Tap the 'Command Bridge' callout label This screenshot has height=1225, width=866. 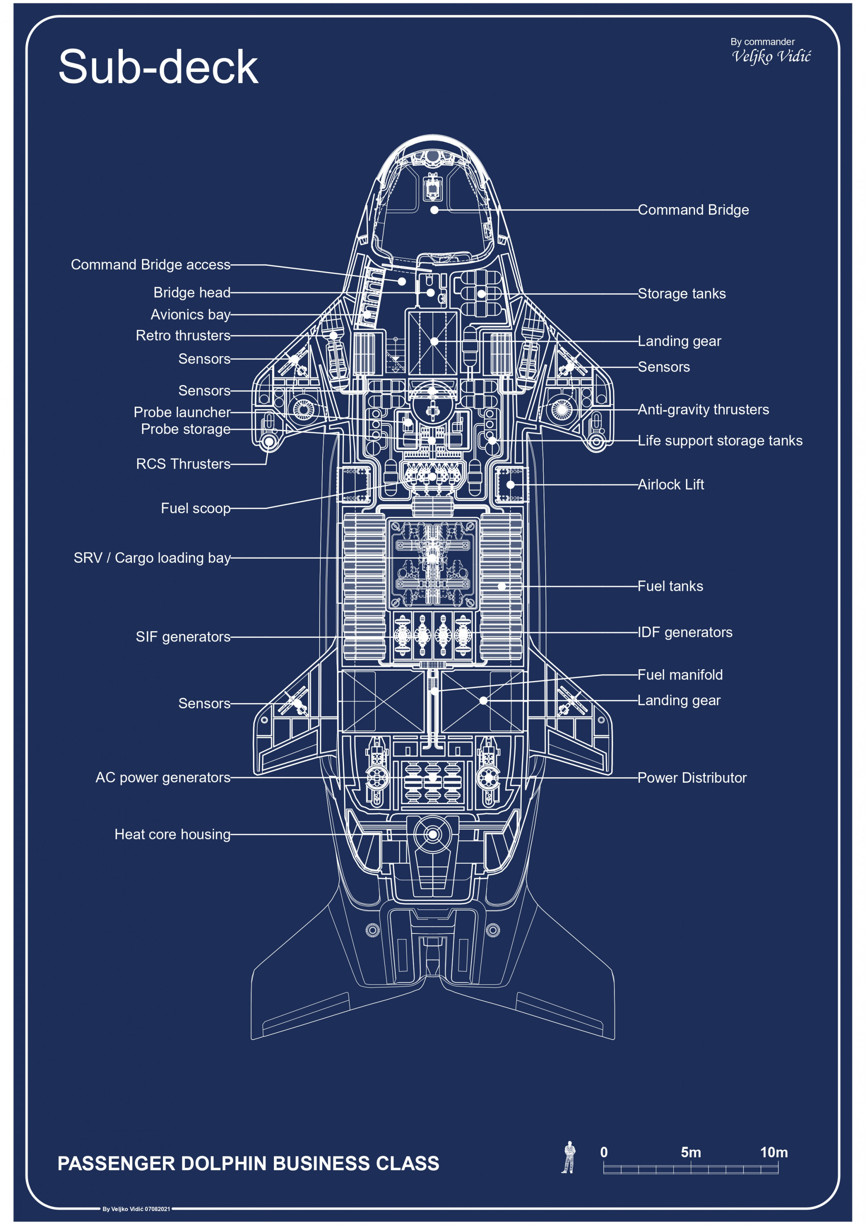[x=693, y=210]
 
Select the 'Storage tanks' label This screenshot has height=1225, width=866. [x=682, y=294]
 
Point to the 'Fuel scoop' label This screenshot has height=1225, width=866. [x=196, y=508]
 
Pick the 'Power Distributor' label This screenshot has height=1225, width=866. [x=692, y=777]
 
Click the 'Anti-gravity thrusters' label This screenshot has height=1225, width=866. [x=703, y=409]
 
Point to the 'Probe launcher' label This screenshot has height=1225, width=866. [x=182, y=412]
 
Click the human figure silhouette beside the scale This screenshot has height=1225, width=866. [x=569, y=1157]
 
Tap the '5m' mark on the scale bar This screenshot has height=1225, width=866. [x=691, y=1152]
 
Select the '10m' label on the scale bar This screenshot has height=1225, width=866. [x=773, y=1152]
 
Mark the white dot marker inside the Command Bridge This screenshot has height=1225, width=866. [x=435, y=210]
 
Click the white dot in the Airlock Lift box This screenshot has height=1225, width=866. [x=510, y=485]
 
